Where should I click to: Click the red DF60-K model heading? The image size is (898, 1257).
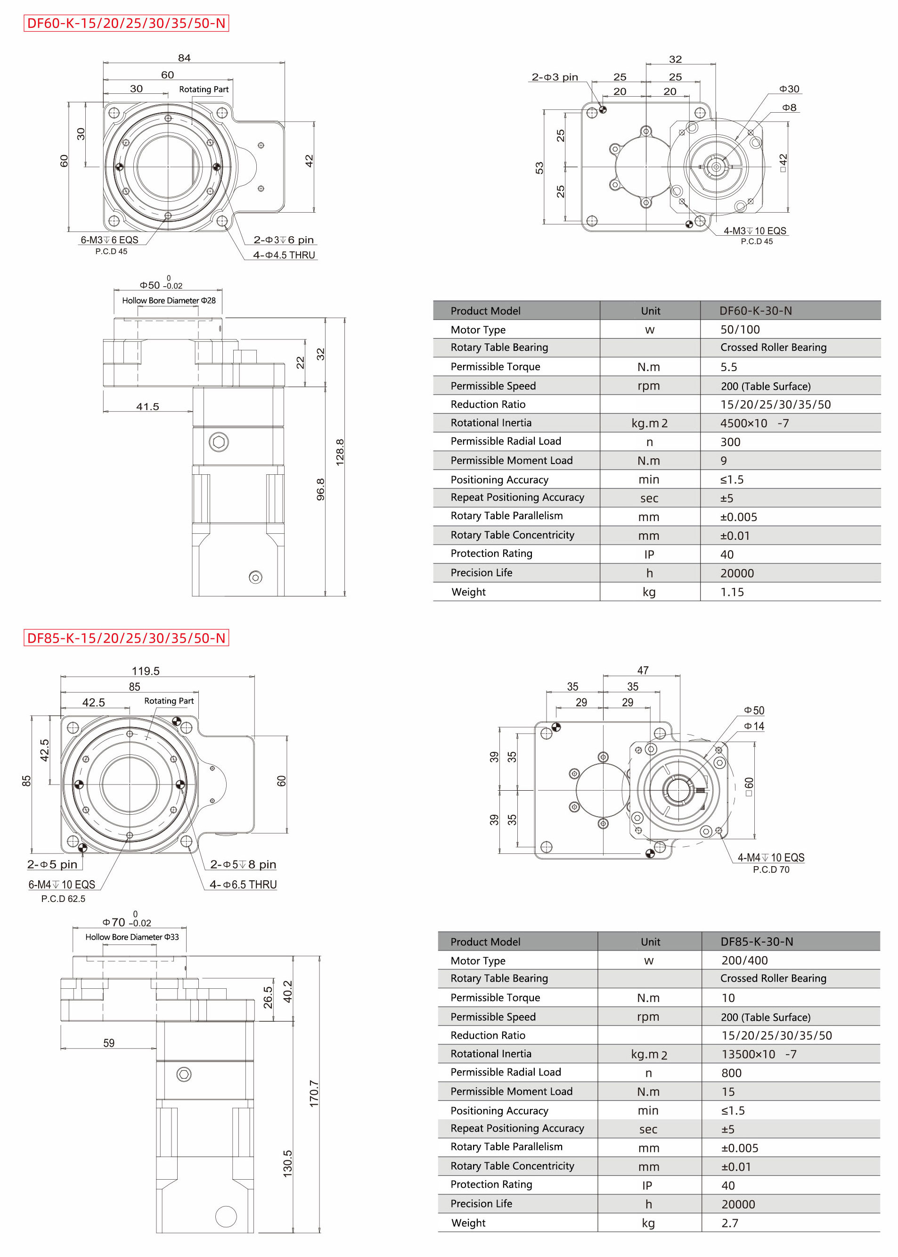pyautogui.click(x=126, y=23)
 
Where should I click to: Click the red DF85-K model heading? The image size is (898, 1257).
pyautogui.click(x=126, y=638)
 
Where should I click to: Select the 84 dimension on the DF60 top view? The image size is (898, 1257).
pyautogui.click(x=184, y=58)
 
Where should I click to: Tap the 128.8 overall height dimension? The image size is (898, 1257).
pyautogui.click(x=340, y=452)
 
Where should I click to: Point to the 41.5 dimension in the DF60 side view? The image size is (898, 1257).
pyautogui.click(x=147, y=406)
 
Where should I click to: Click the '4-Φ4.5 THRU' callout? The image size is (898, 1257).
pyautogui.click(x=284, y=255)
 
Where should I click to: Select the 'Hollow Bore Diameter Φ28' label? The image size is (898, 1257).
pyautogui.click(x=169, y=300)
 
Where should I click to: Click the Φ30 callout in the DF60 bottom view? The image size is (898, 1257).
pyautogui.click(x=789, y=89)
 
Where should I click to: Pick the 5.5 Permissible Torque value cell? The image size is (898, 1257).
pyautogui.click(x=728, y=367)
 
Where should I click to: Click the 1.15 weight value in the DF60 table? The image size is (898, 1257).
pyautogui.click(x=732, y=592)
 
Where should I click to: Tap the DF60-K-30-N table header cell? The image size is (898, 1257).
pyautogui.click(x=755, y=311)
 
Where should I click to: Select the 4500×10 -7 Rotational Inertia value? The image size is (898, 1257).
pyautogui.click(x=754, y=423)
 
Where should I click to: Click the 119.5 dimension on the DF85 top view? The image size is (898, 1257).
pyautogui.click(x=146, y=671)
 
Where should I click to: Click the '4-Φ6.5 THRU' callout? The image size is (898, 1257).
pyautogui.click(x=243, y=885)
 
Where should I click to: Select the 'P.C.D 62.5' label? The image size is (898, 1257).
pyautogui.click(x=63, y=899)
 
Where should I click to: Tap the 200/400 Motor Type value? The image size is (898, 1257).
pyautogui.click(x=744, y=960)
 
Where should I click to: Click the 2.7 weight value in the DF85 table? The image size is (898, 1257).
pyautogui.click(x=729, y=1223)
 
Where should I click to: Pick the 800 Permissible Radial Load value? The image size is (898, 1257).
pyautogui.click(x=731, y=1073)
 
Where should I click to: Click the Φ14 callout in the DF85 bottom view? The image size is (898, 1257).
pyautogui.click(x=754, y=726)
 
